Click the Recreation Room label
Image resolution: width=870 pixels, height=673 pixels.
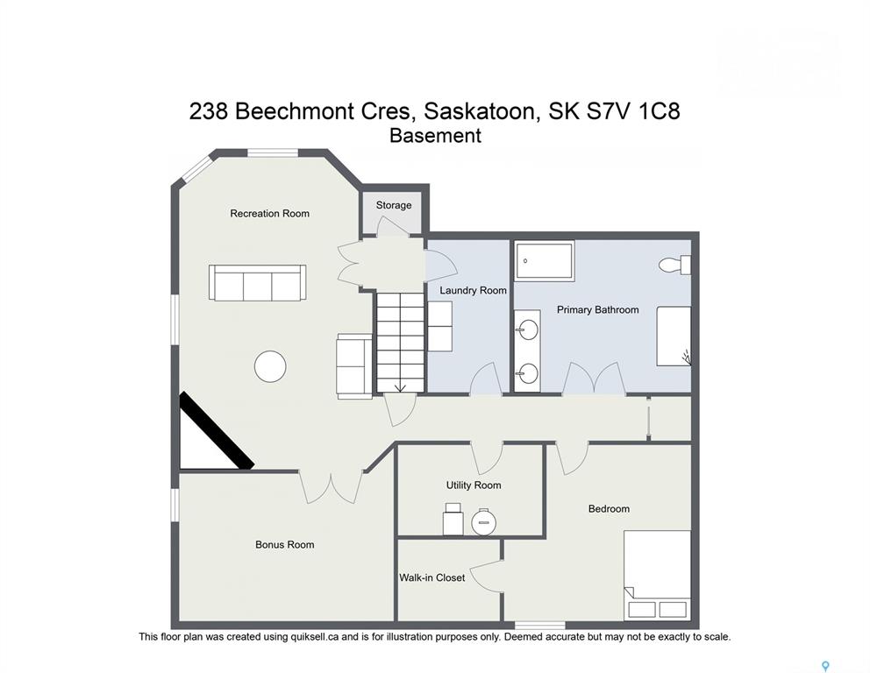pos(269,214)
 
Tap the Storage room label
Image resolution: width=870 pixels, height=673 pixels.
pos(394,205)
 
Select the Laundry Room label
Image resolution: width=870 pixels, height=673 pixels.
pos(473,290)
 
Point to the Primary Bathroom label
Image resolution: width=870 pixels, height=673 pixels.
pos(597,310)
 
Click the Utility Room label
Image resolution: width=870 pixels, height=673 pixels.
pos(474,485)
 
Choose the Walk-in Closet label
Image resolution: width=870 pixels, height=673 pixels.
pos(431,577)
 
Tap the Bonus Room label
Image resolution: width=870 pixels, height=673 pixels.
pos(285,545)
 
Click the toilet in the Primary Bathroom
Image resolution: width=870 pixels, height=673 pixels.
pos(674,265)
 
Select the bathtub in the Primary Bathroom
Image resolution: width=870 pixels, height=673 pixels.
pos(545,261)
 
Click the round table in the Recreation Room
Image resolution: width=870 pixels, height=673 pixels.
pos(270,366)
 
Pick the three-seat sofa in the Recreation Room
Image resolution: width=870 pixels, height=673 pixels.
pos(258,283)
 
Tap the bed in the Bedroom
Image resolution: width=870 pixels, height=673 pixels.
pos(658,576)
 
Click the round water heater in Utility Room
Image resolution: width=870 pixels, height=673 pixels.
pos(484,521)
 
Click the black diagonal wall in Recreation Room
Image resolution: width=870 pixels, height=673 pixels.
pos(217,431)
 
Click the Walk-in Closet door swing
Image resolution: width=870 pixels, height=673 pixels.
pos(487,577)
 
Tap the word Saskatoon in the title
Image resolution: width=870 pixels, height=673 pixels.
pos(480,111)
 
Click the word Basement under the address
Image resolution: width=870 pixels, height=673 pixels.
pos(435,136)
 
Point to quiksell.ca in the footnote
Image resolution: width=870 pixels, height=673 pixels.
pos(315,637)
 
